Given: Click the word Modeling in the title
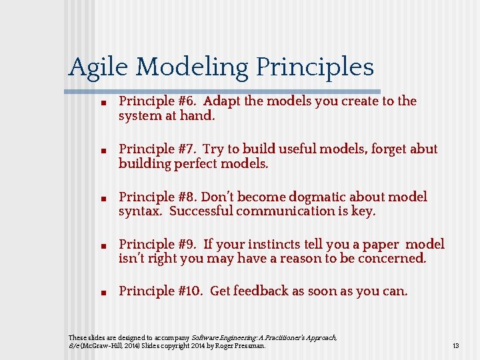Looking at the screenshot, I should click(x=194, y=67).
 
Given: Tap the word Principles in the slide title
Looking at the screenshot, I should click(x=315, y=67).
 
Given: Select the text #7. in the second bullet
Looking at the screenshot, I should click(x=188, y=149).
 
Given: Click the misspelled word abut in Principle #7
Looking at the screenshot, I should click(x=423, y=149).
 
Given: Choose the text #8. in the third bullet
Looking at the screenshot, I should click(x=187, y=197).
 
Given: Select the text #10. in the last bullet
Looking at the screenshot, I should click(x=191, y=291).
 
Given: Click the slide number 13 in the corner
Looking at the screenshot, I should click(x=456, y=346).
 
